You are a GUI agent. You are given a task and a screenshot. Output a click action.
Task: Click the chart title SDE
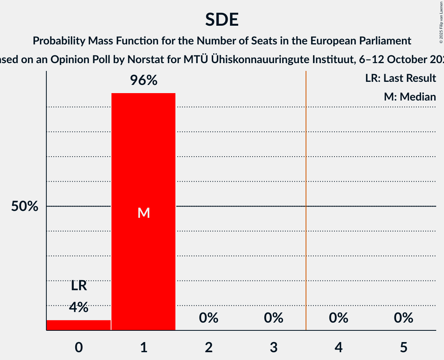tap(222, 19)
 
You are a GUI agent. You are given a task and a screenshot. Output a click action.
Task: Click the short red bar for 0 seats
tap(79, 325)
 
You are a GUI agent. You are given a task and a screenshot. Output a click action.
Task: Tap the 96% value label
tap(143, 81)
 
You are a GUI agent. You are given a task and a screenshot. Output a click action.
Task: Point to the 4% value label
tap(79, 307)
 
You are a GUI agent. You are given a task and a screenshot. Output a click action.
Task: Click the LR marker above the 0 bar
tap(79, 286)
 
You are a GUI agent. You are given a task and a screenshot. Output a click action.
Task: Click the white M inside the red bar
tap(143, 213)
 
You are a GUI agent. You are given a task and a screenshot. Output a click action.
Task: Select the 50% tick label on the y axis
tap(25, 206)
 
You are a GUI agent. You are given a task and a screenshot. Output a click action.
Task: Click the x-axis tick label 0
tap(79, 347)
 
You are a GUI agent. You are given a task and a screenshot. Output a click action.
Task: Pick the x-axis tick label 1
tap(143, 347)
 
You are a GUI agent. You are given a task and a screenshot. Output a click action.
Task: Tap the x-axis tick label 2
tap(209, 347)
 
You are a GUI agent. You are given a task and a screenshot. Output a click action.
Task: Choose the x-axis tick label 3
tap(274, 347)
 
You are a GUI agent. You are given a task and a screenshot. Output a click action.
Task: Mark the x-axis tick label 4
tap(338, 347)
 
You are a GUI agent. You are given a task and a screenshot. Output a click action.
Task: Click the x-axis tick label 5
tap(403, 347)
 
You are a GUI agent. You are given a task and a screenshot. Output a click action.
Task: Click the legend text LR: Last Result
tap(400, 78)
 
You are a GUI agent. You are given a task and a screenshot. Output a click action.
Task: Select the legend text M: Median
tap(410, 97)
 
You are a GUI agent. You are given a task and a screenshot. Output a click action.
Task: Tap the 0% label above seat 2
tap(209, 318)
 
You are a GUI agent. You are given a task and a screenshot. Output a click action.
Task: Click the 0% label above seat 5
tap(403, 318)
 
